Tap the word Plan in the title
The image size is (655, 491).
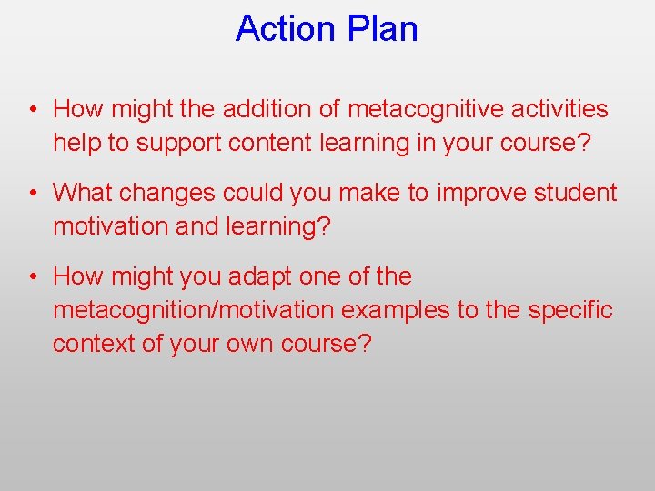pos(384,29)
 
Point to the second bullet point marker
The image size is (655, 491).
pos(32,194)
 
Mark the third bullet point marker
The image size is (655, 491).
pos(32,277)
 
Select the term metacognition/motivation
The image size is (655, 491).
pos(194,310)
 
